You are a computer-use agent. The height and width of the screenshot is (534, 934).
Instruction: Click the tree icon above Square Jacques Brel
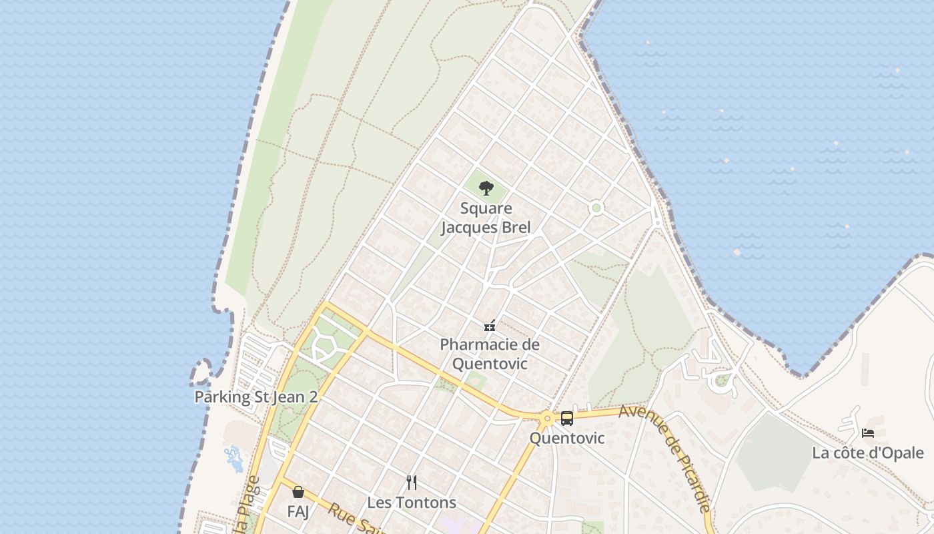coord(486,188)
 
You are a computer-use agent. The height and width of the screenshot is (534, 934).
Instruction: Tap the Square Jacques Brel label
coord(486,218)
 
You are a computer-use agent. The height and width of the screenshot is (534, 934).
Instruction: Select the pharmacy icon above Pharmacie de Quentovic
coord(490,326)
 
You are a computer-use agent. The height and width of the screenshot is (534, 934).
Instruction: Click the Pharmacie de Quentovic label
coord(490,354)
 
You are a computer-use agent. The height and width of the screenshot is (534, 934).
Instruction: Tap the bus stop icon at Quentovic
coord(566,419)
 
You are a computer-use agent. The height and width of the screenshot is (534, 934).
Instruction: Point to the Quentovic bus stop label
coord(566,439)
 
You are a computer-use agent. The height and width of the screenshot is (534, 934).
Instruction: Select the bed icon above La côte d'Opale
coord(867,433)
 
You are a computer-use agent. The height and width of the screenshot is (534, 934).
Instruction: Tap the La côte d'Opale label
coord(867,453)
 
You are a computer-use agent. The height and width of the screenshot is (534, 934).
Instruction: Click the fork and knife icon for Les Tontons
coord(412,482)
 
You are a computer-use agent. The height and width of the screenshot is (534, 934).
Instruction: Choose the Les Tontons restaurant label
coord(412,503)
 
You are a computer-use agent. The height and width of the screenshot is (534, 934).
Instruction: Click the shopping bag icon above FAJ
coord(298,492)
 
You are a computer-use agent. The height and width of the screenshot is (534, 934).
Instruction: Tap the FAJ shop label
coord(298,511)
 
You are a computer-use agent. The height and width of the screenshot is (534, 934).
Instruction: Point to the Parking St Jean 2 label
coord(256,397)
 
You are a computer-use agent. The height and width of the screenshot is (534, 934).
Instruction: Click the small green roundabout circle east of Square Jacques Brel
coord(596,208)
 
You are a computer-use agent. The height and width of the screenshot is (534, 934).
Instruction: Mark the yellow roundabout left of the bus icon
coord(547,419)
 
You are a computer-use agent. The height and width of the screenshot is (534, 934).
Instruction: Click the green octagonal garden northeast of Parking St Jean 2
coord(323,346)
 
